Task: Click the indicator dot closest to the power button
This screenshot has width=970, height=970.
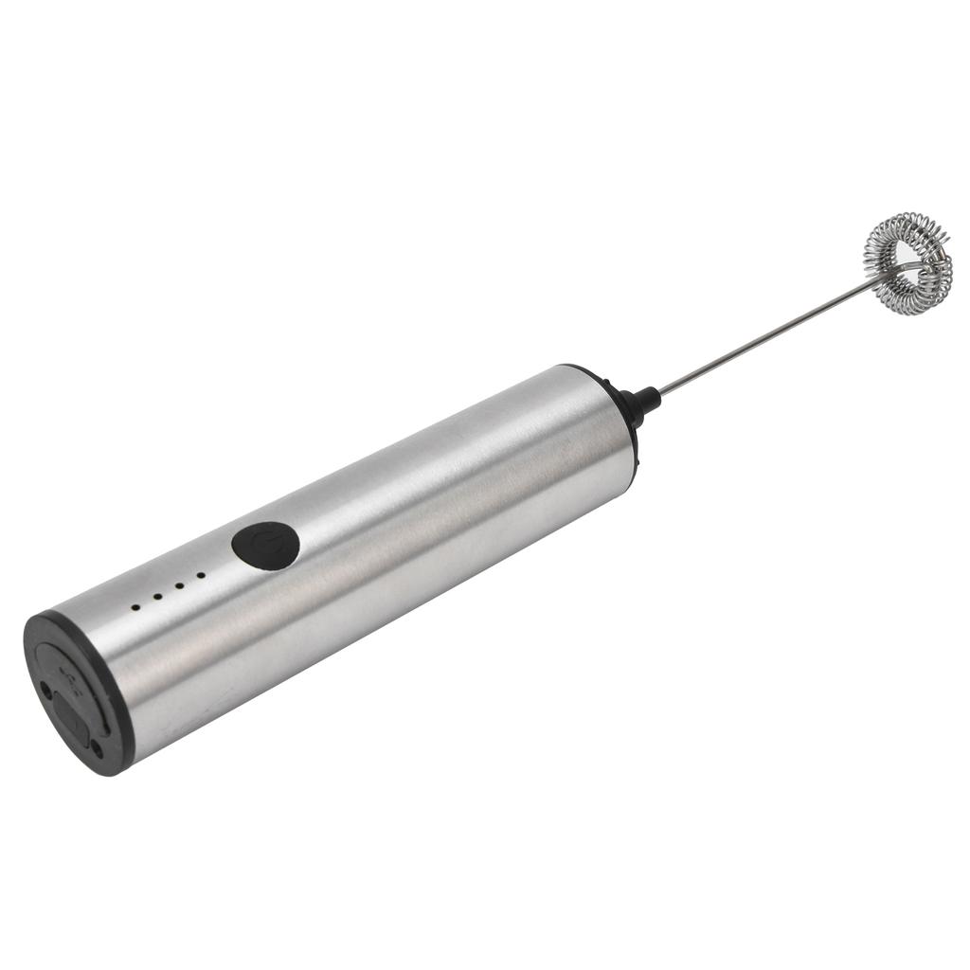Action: [x=201, y=575]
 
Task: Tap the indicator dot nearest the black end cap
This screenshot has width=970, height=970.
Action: [x=135, y=605]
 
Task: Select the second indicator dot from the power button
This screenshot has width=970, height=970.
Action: [x=178, y=585]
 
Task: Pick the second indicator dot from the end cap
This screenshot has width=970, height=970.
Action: [x=156, y=596]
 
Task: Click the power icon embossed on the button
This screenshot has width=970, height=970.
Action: [x=266, y=545]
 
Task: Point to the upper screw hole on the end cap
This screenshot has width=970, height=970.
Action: [x=46, y=691]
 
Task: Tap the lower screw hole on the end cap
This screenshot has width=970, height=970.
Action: [x=98, y=749]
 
